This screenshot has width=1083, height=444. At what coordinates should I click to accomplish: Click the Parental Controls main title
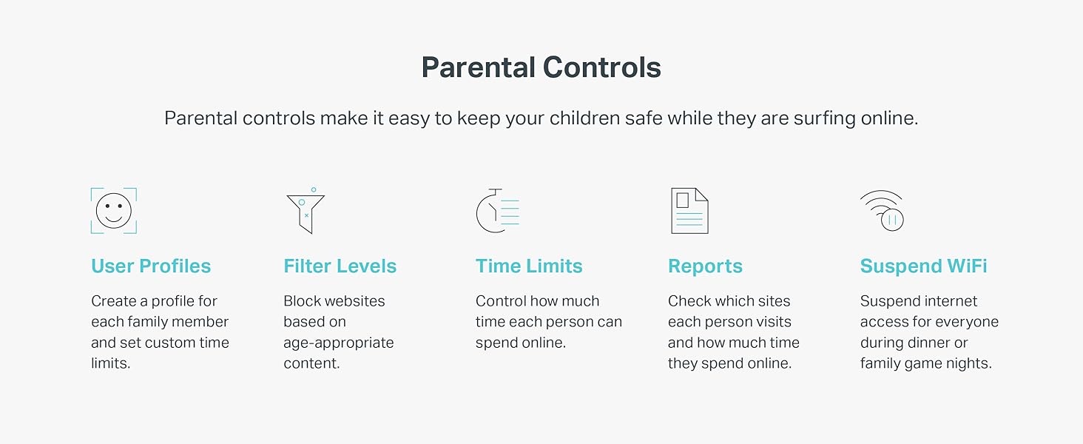(x=541, y=67)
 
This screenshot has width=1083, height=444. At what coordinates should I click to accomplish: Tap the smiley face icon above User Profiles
(x=113, y=211)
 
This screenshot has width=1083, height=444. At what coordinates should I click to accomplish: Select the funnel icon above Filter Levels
(x=305, y=212)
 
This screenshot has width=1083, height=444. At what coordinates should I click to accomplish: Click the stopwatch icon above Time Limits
(x=497, y=212)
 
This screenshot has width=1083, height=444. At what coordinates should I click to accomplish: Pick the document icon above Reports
(x=689, y=211)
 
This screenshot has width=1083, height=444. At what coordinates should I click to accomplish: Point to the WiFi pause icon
(x=882, y=211)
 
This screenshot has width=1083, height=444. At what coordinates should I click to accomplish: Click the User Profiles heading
(x=151, y=266)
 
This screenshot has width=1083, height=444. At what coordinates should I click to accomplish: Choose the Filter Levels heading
(x=340, y=266)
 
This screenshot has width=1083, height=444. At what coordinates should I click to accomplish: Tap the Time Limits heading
(x=529, y=266)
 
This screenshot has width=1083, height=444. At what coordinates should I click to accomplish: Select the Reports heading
(x=705, y=266)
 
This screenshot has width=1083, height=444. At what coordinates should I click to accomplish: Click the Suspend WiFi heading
(x=923, y=266)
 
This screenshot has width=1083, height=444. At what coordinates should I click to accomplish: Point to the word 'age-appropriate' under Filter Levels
(x=338, y=343)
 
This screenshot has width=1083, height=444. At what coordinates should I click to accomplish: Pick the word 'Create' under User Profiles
(x=113, y=301)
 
